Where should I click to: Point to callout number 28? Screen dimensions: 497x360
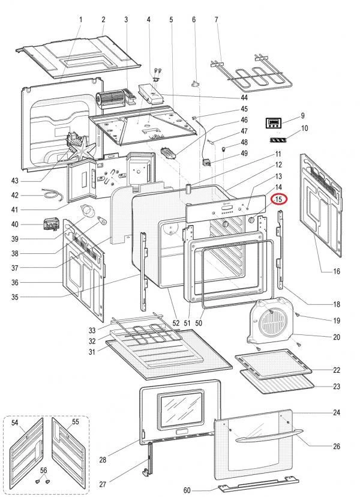pyautogui.click(x=103, y=460)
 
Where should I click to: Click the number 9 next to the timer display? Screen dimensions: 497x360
pyautogui.click(x=302, y=115)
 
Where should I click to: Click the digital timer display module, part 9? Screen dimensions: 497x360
pyautogui.click(x=275, y=124)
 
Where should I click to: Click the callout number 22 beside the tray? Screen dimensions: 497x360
pyautogui.click(x=337, y=370)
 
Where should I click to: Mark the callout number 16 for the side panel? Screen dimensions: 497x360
pyautogui.click(x=337, y=271)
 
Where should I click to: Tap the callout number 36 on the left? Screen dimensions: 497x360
pyautogui.click(x=15, y=283)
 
